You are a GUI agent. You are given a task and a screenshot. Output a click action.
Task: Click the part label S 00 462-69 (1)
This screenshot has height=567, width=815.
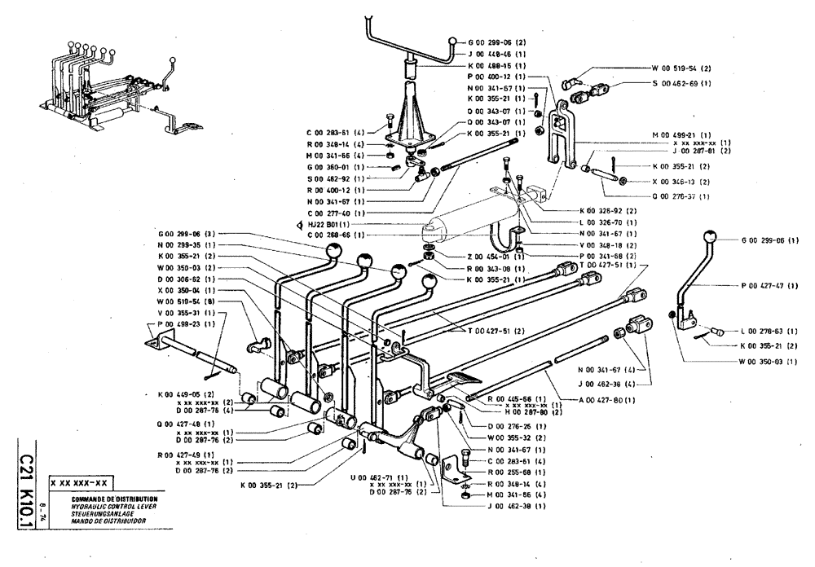click(680, 83)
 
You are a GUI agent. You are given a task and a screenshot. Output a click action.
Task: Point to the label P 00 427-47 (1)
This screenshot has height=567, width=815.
click(769, 286)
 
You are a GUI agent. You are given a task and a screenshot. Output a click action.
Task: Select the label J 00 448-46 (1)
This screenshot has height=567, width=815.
click(496, 54)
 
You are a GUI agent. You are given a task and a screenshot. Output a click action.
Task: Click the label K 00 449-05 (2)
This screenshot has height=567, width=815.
click(187, 393)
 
